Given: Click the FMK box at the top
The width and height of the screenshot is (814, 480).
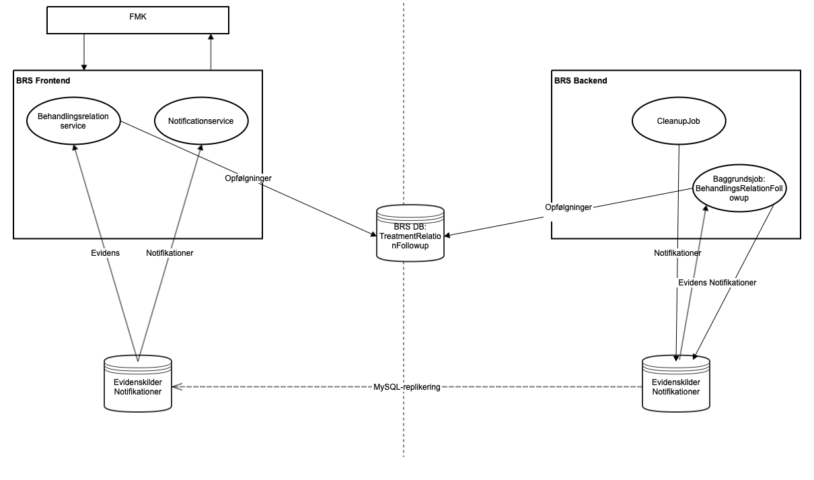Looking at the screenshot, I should tap(138, 20).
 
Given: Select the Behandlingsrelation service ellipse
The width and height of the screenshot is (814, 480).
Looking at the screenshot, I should tap(73, 121).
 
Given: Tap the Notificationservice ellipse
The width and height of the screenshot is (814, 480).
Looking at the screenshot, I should tap(202, 121).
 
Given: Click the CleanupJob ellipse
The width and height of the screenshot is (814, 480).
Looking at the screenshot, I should tap(679, 121).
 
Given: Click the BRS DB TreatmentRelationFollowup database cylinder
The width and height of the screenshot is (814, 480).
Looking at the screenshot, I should tap(410, 232).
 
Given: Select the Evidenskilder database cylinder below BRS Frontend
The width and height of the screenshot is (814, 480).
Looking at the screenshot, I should tap(138, 384).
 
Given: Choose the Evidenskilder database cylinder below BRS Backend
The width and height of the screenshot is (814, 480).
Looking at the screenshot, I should tap(676, 384).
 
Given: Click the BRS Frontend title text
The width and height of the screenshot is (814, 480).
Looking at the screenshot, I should tap(43, 81).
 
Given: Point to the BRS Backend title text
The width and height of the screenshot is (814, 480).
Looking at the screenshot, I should tap(581, 81).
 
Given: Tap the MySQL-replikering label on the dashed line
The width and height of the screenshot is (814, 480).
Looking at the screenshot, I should tap(407, 387).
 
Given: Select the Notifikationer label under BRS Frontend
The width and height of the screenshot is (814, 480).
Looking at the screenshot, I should tap(170, 253).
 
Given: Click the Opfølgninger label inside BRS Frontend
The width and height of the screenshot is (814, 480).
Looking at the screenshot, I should tap(248, 178).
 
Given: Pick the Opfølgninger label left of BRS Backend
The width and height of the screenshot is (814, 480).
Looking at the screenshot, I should tap(568, 207).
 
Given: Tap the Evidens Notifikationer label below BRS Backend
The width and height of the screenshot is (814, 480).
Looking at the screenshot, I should tap(716, 283).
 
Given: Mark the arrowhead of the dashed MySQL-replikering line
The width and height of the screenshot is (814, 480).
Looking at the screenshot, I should tap(176, 387).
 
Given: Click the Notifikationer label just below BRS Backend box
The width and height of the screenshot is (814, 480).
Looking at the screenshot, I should tap(677, 253).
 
